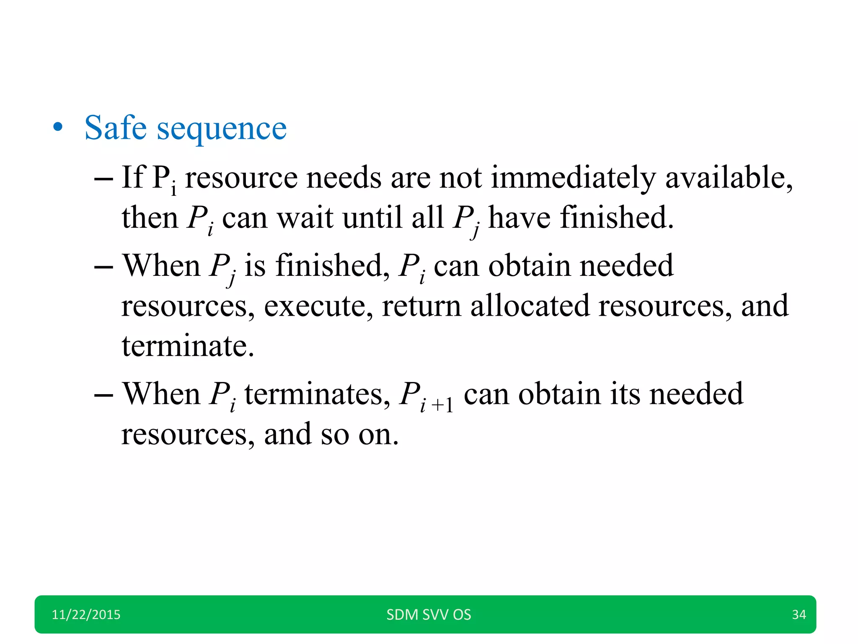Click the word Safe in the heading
(116, 127)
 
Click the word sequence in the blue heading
(222, 129)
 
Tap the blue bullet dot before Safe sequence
(58, 127)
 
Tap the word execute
(318, 306)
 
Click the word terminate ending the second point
(188, 346)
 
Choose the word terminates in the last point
(317, 394)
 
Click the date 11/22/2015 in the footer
(86, 615)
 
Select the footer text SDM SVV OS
(429, 615)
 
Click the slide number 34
(799, 615)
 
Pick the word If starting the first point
(133, 177)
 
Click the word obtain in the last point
(559, 394)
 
